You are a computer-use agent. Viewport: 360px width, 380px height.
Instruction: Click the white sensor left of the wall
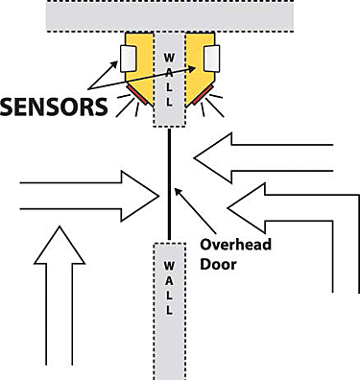pyautogui.click(x=128, y=59)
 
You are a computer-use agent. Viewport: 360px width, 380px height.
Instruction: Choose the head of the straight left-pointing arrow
pyautogui.click(x=213, y=155)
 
